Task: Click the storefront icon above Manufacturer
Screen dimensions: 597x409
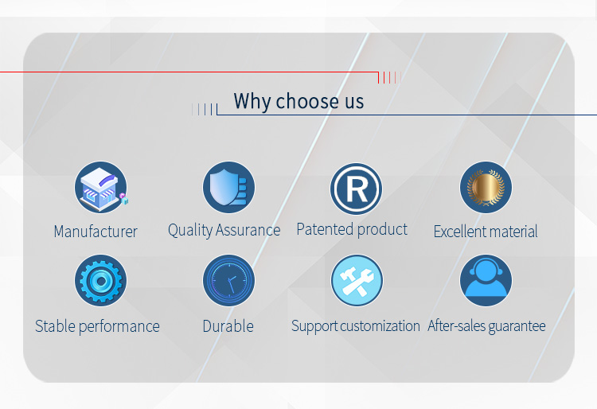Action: (101, 187)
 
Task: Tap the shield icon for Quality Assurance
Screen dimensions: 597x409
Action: (228, 187)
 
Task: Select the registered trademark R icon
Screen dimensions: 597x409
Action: (356, 189)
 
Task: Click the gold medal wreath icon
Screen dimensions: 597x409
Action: (486, 187)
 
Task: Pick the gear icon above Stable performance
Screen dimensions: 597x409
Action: (101, 280)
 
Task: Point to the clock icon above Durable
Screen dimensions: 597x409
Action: (228, 280)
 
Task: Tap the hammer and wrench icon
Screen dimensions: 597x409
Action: (357, 280)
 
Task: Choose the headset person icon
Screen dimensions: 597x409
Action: (486, 280)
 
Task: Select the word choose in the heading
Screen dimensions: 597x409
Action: (307, 102)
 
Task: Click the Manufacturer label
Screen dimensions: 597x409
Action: (96, 232)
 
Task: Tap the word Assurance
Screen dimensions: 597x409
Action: (248, 230)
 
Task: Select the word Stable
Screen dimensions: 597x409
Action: (55, 326)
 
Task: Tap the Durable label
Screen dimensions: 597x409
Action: (228, 326)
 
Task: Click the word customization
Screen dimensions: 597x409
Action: (380, 326)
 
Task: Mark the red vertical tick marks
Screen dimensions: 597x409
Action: (389, 78)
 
